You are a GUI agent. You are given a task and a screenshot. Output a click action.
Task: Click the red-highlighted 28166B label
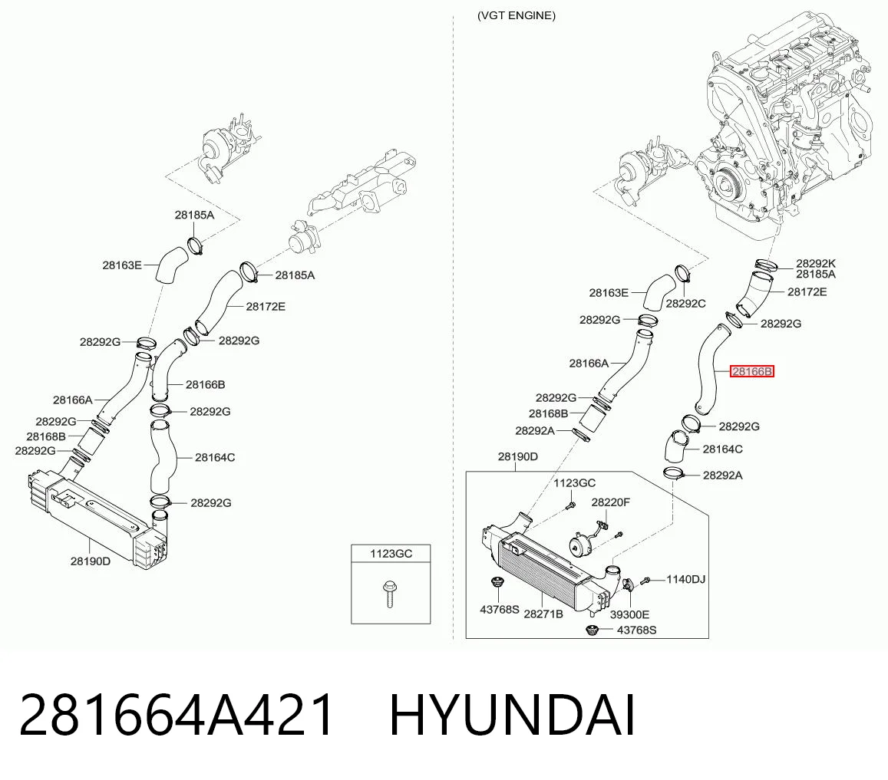(751, 371)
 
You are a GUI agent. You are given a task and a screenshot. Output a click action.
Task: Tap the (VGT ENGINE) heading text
(516, 16)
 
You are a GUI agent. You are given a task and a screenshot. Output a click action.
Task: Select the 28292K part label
(816, 263)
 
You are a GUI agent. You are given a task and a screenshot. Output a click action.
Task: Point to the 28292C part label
(685, 304)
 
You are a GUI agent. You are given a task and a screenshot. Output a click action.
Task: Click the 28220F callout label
(610, 502)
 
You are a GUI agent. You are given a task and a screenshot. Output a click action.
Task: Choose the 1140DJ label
(685, 579)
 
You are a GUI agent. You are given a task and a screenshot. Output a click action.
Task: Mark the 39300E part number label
(629, 614)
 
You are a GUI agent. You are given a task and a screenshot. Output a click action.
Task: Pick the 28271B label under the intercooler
(543, 614)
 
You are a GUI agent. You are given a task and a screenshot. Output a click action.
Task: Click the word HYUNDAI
(513, 715)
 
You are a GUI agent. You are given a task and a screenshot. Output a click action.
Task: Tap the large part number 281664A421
(176, 715)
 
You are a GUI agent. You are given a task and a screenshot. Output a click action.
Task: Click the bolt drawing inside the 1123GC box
(389, 593)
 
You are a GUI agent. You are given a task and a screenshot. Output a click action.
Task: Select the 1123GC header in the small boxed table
(391, 554)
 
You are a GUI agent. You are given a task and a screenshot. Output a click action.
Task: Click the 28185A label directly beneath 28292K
(816, 275)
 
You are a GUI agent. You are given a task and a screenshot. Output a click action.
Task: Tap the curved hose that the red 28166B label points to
(708, 369)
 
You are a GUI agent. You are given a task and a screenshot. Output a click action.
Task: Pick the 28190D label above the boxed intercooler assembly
(517, 456)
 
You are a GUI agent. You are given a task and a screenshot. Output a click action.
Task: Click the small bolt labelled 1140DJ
(645, 581)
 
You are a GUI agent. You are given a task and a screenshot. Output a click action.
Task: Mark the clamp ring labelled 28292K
(767, 264)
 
